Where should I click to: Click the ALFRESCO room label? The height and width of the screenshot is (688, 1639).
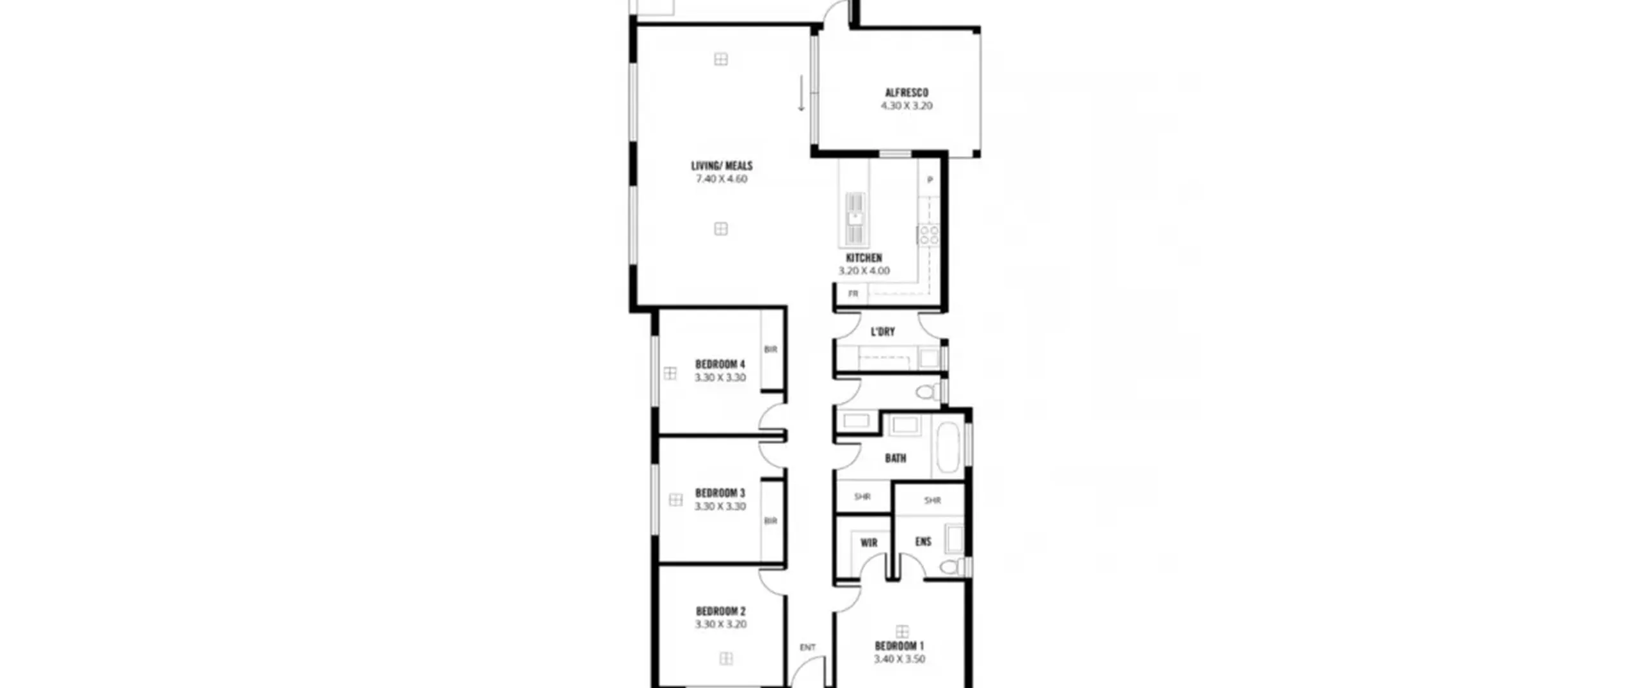point(907,93)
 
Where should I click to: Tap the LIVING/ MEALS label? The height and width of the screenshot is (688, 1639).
point(722,166)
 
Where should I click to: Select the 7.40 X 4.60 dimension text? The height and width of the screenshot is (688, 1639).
point(722,179)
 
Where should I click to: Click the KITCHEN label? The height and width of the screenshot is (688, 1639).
point(864,258)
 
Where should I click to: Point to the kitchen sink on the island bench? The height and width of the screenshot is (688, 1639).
point(855,219)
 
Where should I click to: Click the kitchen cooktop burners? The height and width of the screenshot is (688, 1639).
point(929,234)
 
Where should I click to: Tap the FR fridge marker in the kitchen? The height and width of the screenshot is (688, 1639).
point(853,294)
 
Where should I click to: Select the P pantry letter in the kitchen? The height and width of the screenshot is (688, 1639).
point(930,180)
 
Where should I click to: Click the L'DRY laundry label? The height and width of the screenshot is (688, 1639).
point(883,332)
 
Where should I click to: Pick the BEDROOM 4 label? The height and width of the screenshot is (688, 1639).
point(720,365)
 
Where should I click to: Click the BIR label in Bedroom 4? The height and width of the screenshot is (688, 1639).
point(770,349)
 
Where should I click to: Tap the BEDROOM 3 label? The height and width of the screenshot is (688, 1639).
point(720,493)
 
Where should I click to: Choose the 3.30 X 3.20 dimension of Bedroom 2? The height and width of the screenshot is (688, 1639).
point(721,625)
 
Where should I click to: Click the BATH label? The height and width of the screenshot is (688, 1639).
point(896,458)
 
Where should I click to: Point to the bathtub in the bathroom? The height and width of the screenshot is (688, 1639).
point(948,447)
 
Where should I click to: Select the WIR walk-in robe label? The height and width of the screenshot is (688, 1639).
point(869,543)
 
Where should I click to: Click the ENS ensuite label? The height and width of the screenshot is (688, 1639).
point(923,541)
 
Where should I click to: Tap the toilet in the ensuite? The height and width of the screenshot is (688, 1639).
point(951,566)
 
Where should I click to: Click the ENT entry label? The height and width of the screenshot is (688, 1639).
point(808,648)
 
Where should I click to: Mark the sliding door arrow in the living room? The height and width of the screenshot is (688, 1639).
point(801,93)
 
